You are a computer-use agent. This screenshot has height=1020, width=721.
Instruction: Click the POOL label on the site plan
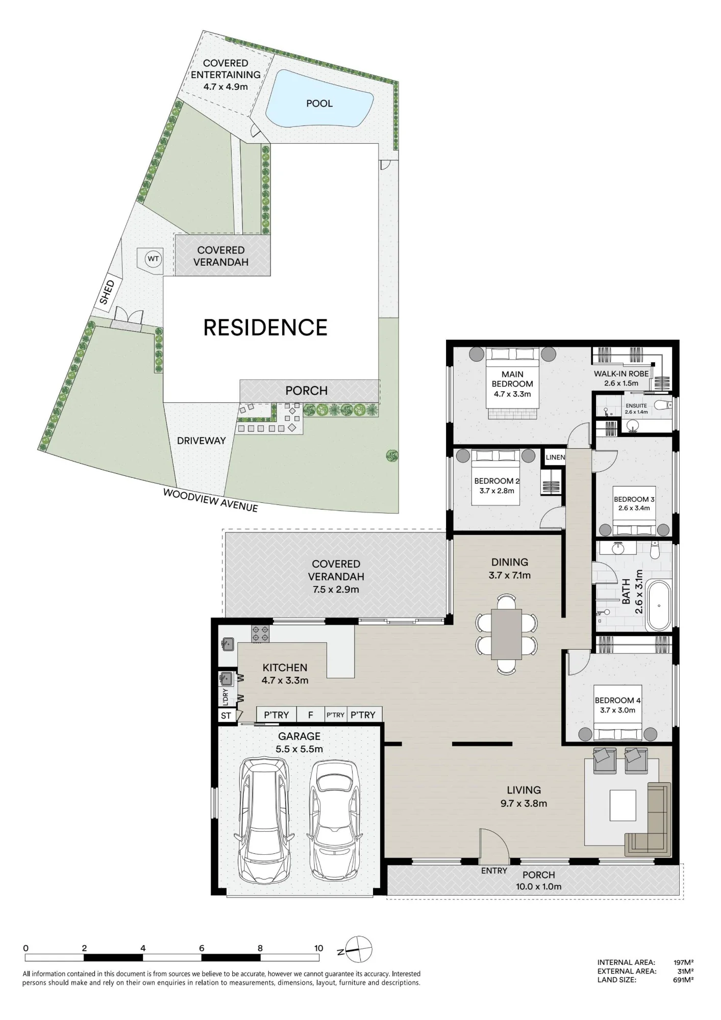click(319, 104)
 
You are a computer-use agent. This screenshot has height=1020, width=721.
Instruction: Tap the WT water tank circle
click(153, 259)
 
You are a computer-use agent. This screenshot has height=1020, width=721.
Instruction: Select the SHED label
click(107, 293)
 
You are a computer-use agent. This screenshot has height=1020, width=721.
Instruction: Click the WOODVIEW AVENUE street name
click(210, 500)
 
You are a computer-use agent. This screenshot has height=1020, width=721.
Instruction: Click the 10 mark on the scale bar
click(318, 948)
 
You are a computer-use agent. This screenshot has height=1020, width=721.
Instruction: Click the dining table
click(506, 634)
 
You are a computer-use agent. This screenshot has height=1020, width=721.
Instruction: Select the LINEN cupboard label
click(555, 457)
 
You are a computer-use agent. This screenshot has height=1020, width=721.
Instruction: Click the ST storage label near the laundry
click(226, 716)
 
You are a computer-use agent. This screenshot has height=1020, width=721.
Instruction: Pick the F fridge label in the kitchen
click(310, 715)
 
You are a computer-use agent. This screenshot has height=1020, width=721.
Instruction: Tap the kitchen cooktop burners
click(260, 633)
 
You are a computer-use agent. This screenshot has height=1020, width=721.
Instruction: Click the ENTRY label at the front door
click(494, 871)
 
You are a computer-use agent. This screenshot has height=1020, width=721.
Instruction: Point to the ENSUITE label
click(636, 406)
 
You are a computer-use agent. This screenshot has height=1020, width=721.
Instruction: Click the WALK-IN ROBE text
click(621, 374)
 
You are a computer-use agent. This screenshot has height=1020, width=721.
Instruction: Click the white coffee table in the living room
click(623, 805)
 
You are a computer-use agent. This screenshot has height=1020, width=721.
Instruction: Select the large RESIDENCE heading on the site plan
click(265, 327)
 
